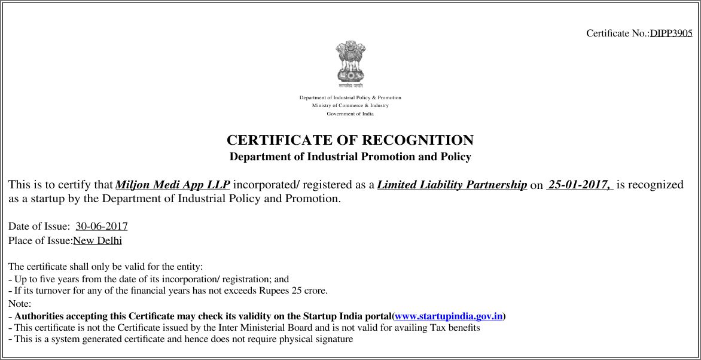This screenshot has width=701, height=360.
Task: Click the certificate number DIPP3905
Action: pyautogui.click(x=671, y=33)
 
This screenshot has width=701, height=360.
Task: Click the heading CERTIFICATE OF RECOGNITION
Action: pyautogui.click(x=350, y=141)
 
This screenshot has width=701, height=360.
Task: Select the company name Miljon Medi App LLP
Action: pyautogui.click(x=172, y=185)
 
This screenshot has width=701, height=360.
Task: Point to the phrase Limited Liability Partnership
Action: pyautogui.click(x=452, y=185)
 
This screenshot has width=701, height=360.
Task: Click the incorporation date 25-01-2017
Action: pyautogui.click(x=578, y=185)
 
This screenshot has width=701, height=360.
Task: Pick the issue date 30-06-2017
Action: pyautogui.click(x=102, y=227)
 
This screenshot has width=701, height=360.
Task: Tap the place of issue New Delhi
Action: pyautogui.click(x=97, y=240)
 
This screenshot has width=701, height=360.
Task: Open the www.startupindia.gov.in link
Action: pyautogui.click(x=449, y=316)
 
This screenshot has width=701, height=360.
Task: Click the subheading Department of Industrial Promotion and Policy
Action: pyautogui.click(x=350, y=157)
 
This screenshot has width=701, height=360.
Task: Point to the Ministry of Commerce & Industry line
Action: pyautogui.click(x=350, y=106)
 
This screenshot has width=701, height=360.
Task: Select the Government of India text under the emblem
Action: pyautogui.click(x=350, y=114)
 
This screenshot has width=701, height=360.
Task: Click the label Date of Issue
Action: pyautogui.click(x=39, y=227)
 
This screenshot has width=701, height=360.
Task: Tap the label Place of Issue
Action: pyautogui.click(x=40, y=240)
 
